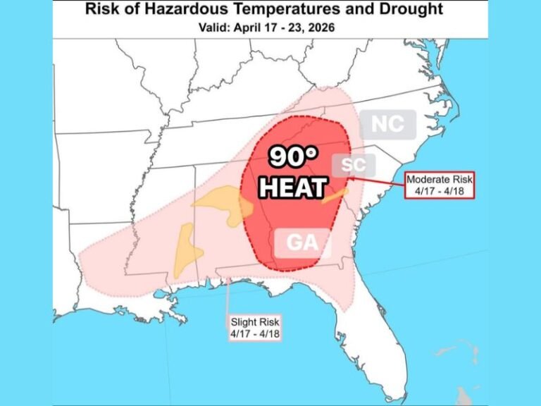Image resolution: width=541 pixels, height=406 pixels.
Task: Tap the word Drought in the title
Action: click(x=410, y=9)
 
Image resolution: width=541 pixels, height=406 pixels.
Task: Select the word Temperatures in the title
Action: click(x=286, y=9)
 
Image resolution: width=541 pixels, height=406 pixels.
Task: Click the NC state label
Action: click(x=387, y=124)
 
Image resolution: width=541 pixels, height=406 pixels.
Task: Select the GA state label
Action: click(x=301, y=244)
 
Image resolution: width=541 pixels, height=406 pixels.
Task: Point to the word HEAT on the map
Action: click(x=292, y=188)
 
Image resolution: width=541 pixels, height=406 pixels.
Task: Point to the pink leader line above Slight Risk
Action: click(x=228, y=296)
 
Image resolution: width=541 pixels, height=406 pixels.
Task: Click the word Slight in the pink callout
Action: click(x=243, y=322)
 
